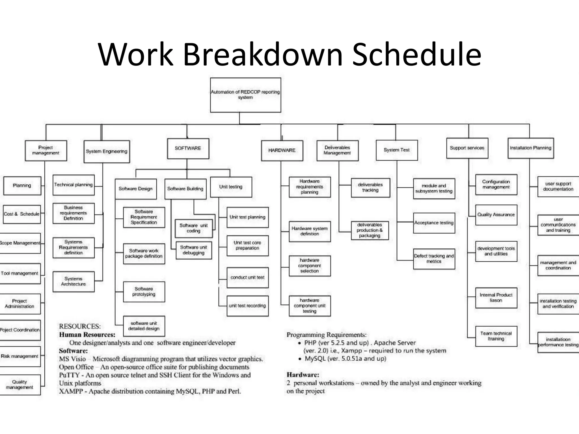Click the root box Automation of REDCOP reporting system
pyautogui.click(x=245, y=95)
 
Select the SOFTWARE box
pyautogui.click(x=188, y=148)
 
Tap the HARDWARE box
pyautogui.click(x=282, y=150)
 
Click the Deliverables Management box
pyautogui.click(x=337, y=150)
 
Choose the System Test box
pyautogui.click(x=397, y=150)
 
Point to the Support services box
pyautogui.click(x=467, y=148)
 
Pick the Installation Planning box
pyautogui.click(x=531, y=148)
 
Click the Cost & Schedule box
pyautogui.click(x=22, y=214)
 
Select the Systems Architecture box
pyautogui.click(x=74, y=281)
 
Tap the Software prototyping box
pyautogui.click(x=144, y=292)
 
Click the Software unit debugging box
pyautogui.click(x=194, y=250)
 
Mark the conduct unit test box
pyautogui.click(x=247, y=277)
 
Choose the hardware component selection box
pyautogui.click(x=310, y=266)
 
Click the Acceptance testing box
pyautogui.click(x=434, y=223)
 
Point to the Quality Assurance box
pyautogui.click(x=496, y=215)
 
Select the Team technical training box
pyautogui.click(x=496, y=336)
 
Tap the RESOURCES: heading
pyautogui.click(x=80, y=326)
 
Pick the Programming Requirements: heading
pyautogui.click(x=327, y=335)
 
